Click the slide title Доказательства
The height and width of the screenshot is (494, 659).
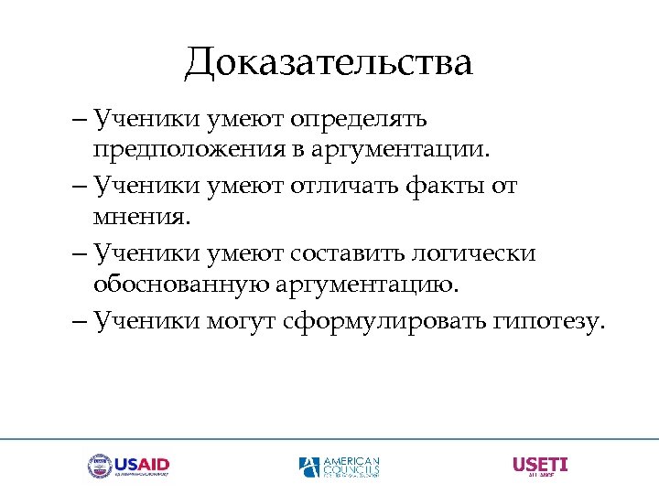(329, 62)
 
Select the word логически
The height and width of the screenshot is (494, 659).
(477, 253)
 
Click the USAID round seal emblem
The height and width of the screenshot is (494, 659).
(99, 467)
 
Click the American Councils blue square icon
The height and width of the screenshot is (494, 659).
(309, 467)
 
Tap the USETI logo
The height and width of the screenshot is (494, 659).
(539, 466)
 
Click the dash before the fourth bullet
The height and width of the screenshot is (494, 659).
(78, 321)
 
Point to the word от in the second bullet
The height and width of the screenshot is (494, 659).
(502, 187)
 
